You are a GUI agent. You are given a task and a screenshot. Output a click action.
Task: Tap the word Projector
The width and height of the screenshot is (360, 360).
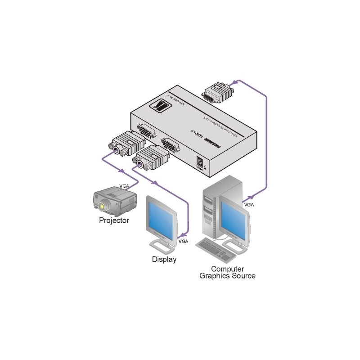(x=114, y=220)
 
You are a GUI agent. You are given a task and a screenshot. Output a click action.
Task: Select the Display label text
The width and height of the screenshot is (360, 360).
(x=164, y=259)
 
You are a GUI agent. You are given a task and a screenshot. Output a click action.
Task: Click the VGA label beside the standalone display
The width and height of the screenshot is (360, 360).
(x=184, y=242)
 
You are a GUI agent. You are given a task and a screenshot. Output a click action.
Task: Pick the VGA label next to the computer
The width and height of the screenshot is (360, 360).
(x=248, y=204)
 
